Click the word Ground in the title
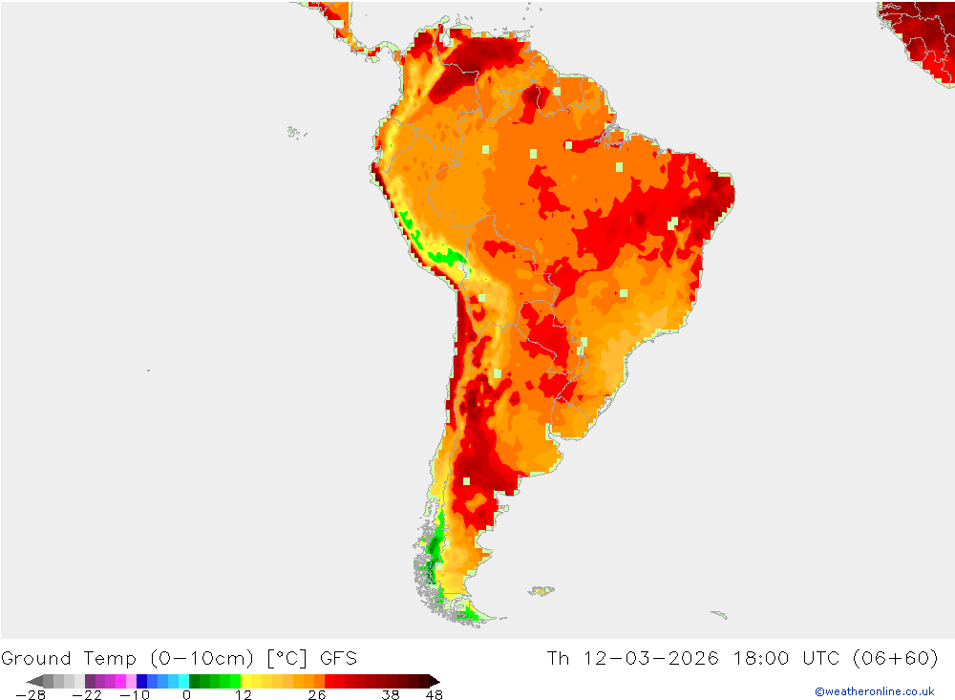(x=35, y=658)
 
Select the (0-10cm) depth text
(x=202, y=658)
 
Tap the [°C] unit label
(x=285, y=658)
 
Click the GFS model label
(x=338, y=658)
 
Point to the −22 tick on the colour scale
(x=86, y=695)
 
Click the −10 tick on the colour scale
(x=135, y=695)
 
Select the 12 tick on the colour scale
(x=244, y=695)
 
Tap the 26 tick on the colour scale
(x=316, y=695)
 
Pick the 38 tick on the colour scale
(x=391, y=695)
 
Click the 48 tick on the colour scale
(x=434, y=695)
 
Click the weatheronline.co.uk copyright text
(x=874, y=691)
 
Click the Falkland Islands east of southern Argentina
(x=541, y=591)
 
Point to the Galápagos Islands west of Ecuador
(x=296, y=132)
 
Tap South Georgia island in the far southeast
(x=719, y=614)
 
